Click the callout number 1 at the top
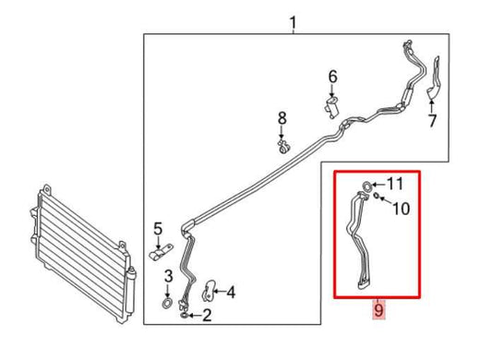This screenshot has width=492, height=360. (294, 22)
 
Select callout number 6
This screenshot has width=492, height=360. (333, 76)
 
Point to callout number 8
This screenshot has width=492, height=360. (283, 117)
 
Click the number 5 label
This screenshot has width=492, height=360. (158, 229)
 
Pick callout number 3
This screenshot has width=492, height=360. (168, 276)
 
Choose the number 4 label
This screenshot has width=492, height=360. (230, 294)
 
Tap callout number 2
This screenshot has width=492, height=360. (207, 317)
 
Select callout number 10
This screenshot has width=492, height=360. (401, 210)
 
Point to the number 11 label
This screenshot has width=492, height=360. (395, 183)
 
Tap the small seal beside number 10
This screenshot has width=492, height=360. (378, 199)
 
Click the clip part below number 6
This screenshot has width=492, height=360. (331, 108)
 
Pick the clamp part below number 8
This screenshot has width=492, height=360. (284, 144)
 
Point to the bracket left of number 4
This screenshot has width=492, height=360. (209, 291)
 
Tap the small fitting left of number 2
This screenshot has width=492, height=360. (186, 316)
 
